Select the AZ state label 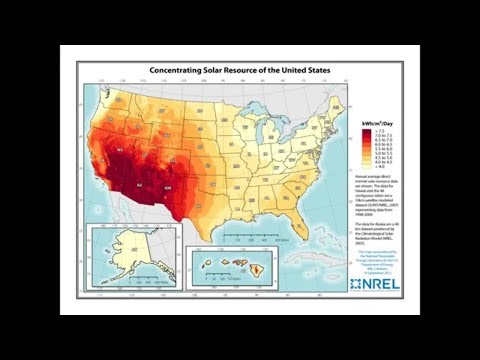point(139,185)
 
